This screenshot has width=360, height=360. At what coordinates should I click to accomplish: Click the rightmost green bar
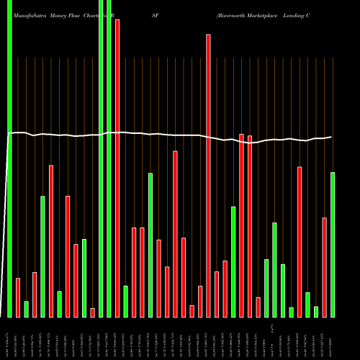(x=333, y=244)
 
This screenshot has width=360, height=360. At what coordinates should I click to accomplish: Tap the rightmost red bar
(x=325, y=267)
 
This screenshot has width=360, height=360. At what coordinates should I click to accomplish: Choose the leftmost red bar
(x=18, y=297)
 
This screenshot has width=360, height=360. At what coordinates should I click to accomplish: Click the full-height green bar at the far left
(x=9, y=158)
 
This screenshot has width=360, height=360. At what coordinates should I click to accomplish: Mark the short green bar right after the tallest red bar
(x=126, y=301)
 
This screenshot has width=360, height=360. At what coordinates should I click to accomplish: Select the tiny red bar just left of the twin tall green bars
(x=93, y=312)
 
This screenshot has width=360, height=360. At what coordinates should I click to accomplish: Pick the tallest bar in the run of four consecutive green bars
(x=275, y=269)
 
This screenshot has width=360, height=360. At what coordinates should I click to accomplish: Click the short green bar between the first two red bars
(x=27, y=309)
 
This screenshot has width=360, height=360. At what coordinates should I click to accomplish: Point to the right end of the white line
(x=331, y=137)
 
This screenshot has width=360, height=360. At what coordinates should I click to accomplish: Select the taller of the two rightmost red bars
(x=300, y=241)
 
